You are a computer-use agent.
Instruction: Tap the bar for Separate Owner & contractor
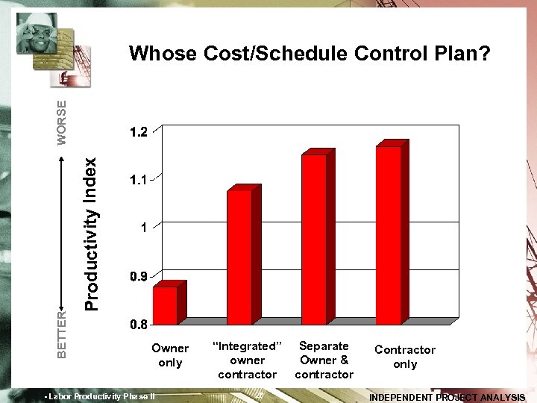pyautogui.click(x=314, y=238)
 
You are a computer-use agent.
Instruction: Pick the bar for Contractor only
pyautogui.click(x=389, y=234)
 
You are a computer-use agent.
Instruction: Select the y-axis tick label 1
pyautogui.click(x=142, y=228)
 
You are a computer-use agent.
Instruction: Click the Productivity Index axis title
pyautogui.click(x=91, y=234)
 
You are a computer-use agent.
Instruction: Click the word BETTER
pyautogui.click(x=62, y=333)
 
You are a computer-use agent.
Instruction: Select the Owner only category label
pyautogui.click(x=170, y=354)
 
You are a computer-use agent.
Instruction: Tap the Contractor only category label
pyautogui.click(x=405, y=357)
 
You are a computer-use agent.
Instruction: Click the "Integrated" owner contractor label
pyautogui.click(x=248, y=360)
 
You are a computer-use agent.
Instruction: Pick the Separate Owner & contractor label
pyautogui.click(x=324, y=360)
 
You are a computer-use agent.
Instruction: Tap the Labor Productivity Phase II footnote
pyautogui.click(x=100, y=396)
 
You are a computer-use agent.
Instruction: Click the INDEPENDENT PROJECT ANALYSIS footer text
pyautogui.click(x=447, y=397)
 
